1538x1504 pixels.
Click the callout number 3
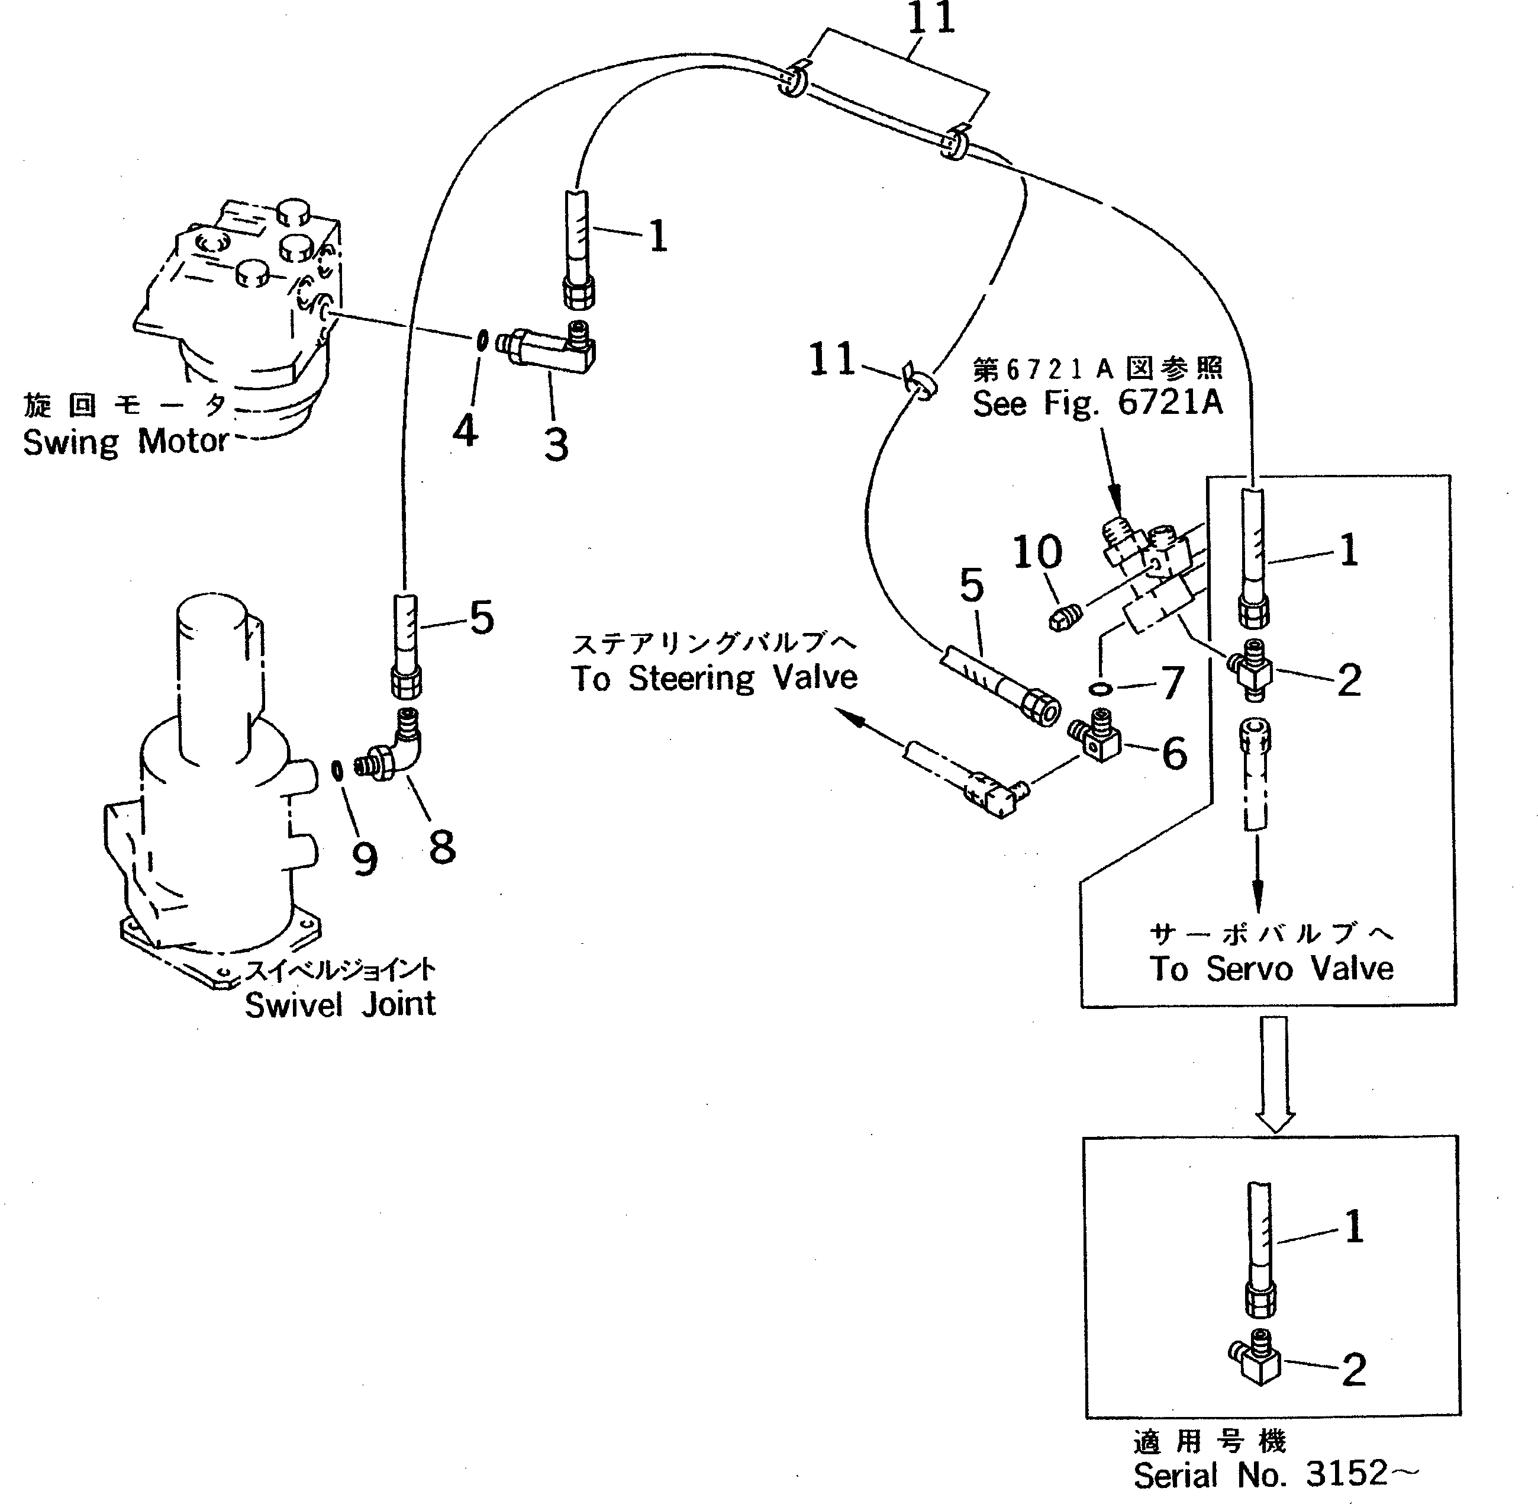tap(557, 445)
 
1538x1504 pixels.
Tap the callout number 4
tap(466, 431)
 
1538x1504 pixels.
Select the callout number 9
tap(365, 859)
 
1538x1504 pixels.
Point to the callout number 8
tap(443, 847)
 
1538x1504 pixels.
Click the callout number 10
tap(1037, 552)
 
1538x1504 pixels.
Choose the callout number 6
tap(1175, 754)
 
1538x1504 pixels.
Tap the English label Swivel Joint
tap(340, 1004)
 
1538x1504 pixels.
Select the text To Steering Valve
tap(714, 678)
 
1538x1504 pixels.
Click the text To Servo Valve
tap(1272, 969)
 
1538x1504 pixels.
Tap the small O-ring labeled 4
tap(481, 340)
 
